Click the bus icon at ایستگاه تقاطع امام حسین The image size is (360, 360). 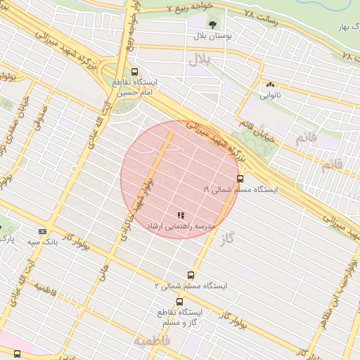pyautogui.click(x=134, y=71)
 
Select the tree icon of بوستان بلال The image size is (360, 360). pyautogui.click(x=212, y=22)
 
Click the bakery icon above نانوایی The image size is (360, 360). pyautogui.click(x=270, y=83)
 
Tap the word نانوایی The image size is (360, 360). pyautogui.click(x=270, y=94)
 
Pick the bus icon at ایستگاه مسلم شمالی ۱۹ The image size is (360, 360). pyautogui.click(x=240, y=179)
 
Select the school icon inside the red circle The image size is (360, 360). pyautogui.click(x=181, y=214)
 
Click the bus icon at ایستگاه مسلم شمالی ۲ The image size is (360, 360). pyautogui.click(x=191, y=275)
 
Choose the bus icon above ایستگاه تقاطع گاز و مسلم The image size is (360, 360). pyautogui.click(x=180, y=302)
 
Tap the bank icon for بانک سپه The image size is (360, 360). pyautogui.click(x=42, y=231)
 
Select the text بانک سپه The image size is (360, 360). pyautogui.click(x=42, y=243)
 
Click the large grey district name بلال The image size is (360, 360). pyautogui.click(x=198, y=61)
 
